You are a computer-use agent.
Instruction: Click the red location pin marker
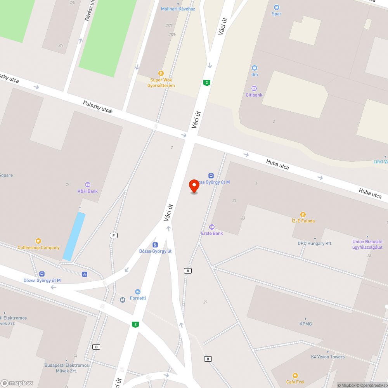tap(194, 185)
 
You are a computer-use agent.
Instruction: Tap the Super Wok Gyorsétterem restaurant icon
tap(161, 73)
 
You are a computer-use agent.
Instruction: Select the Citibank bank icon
tap(254, 88)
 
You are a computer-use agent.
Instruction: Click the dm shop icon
tap(255, 68)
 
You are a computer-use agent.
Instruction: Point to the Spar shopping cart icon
tap(277, 7)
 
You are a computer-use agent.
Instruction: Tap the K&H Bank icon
tap(88, 185)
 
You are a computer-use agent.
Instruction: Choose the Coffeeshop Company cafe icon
tap(38, 241)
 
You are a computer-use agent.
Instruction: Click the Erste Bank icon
tap(212, 227)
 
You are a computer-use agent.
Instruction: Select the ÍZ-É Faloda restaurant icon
tap(303, 214)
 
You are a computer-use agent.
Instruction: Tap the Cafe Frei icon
tap(295, 375)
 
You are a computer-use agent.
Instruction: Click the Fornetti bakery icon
tap(138, 291)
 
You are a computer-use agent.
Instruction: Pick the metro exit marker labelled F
tap(114, 236)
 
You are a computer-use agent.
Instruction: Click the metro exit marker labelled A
tap(188, 270)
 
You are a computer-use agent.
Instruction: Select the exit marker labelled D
tap(97, 346)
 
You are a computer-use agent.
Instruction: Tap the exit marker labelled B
tap(208, 359)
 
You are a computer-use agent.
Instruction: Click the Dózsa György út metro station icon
tap(155, 245)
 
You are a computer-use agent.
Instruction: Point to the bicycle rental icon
tap(85, 274)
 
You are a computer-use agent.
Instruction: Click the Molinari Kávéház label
tap(178, 9)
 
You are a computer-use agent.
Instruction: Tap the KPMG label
tap(306, 324)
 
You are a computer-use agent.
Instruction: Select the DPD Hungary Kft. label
tap(315, 243)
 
